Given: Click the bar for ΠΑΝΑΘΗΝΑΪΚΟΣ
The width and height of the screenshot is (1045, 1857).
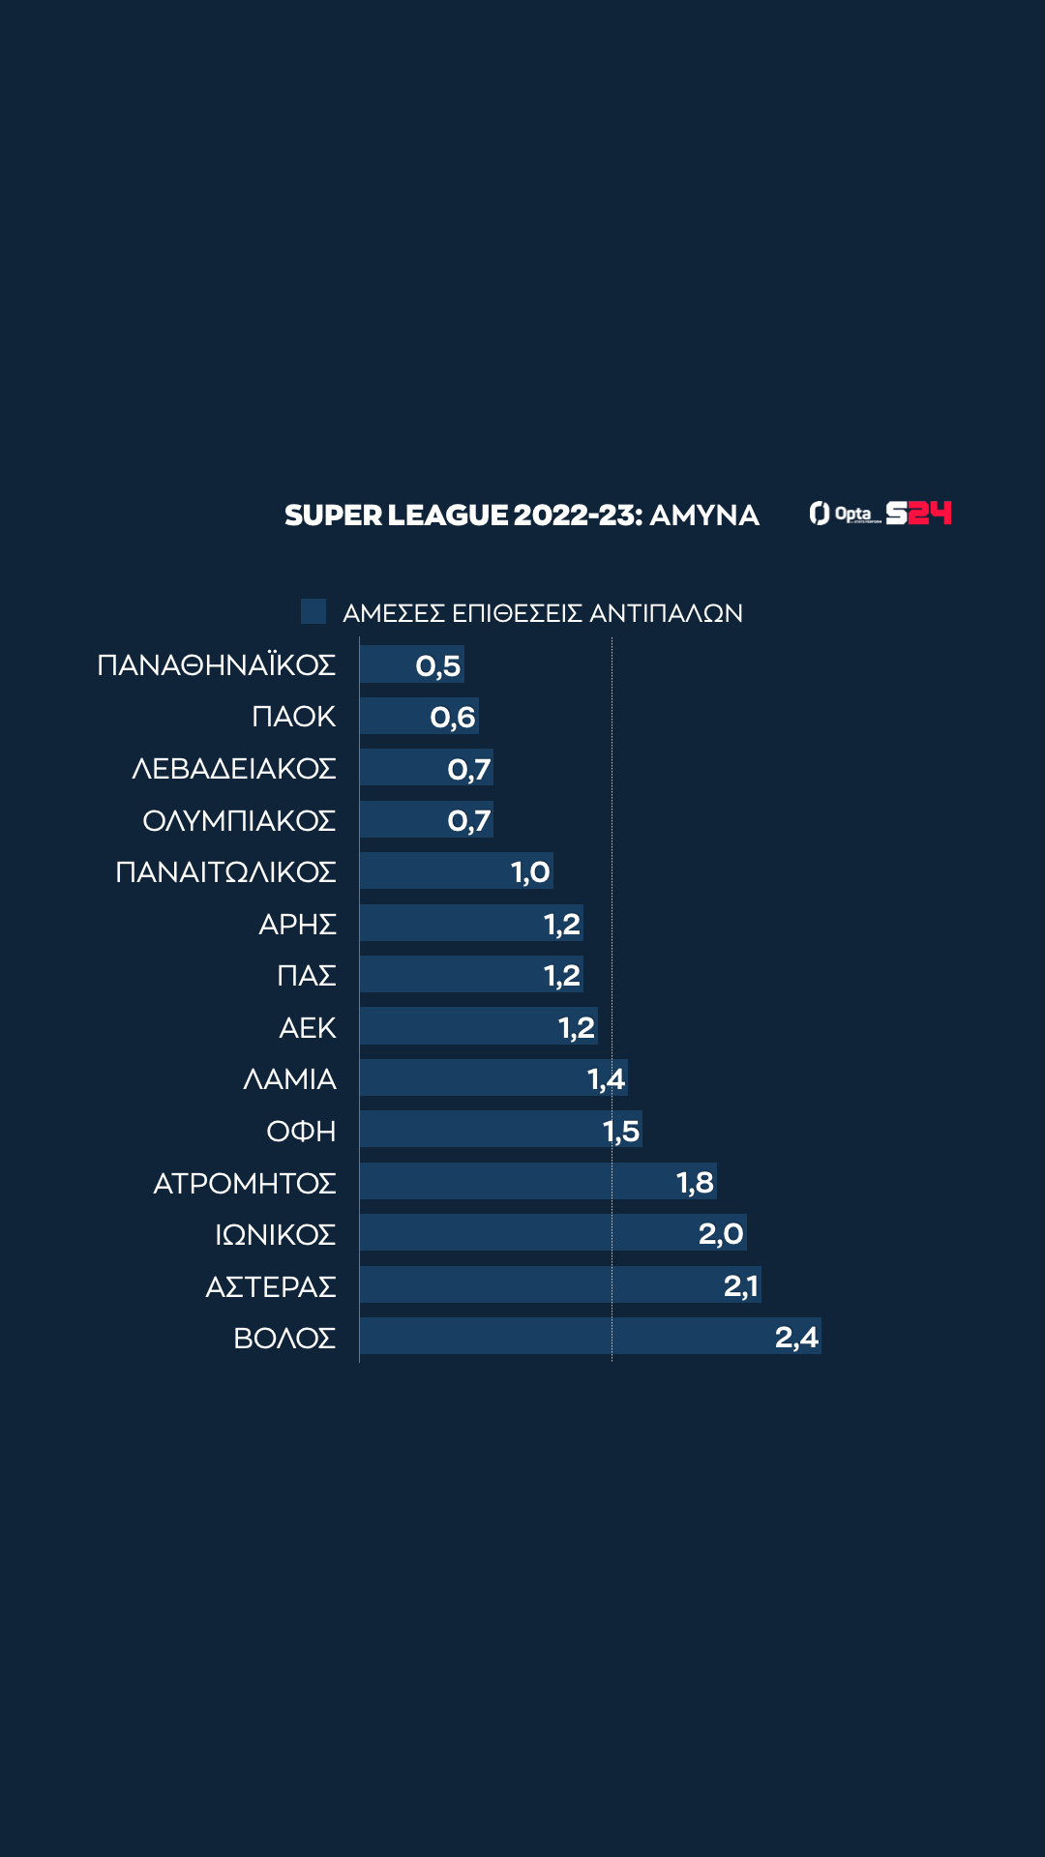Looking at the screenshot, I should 411,664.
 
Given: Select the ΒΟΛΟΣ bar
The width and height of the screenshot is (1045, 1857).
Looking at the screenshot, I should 590,1336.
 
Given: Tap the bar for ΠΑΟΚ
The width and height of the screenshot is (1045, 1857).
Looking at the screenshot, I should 419,716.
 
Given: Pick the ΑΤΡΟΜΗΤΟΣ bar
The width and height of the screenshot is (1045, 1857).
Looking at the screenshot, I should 538,1181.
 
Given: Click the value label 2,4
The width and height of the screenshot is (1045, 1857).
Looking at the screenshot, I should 796,1337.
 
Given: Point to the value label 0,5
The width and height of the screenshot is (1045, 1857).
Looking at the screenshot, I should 438,665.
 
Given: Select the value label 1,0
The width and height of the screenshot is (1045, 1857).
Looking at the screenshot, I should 530,871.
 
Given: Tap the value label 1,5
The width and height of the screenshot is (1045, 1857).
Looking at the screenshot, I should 621,1130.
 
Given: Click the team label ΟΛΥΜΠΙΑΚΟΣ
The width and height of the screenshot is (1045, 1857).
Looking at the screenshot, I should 239,820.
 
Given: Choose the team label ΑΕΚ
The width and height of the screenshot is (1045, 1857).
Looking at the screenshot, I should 308,1027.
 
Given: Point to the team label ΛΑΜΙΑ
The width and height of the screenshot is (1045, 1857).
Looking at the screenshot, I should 289,1078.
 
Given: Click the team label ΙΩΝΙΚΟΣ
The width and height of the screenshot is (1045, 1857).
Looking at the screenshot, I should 275,1234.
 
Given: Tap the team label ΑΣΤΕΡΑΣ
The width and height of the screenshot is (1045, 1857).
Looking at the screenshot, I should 271,1286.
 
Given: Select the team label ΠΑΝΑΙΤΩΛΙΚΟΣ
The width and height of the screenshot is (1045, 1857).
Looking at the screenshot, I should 225,871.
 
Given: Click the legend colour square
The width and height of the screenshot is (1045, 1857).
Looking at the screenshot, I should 313,611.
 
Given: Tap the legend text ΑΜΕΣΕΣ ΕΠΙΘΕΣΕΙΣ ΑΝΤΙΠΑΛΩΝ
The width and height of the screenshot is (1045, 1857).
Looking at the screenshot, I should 543,613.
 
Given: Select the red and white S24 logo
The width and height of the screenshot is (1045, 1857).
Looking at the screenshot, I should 919,513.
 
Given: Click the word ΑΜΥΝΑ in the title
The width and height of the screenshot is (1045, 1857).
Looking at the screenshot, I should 704,515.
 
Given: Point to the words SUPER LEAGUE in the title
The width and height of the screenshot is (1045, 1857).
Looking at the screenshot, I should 396,515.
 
